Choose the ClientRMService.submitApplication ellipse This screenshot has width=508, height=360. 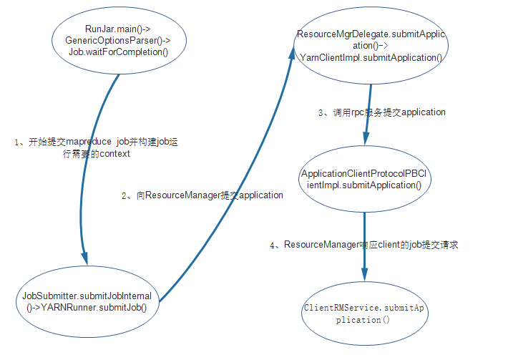point(363,314)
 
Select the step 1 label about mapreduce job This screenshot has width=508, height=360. point(96,147)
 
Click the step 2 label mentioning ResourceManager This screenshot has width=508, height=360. point(202,195)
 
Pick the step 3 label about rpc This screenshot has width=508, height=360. point(382,112)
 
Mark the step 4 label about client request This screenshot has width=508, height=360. point(363,245)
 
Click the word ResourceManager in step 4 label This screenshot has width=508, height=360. point(320,245)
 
